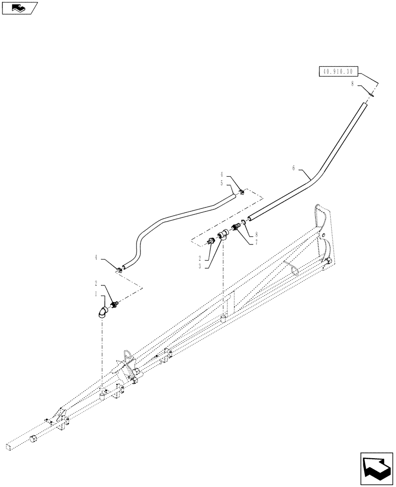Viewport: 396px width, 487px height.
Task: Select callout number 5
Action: tap(221, 183)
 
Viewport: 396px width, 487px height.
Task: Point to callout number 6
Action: tap(294, 168)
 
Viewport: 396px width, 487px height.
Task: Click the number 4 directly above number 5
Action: tap(221, 174)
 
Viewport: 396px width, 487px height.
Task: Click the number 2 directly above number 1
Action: tap(97, 282)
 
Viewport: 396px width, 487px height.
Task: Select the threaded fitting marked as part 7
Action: tap(237, 226)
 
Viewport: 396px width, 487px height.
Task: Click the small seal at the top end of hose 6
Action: tap(371, 96)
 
